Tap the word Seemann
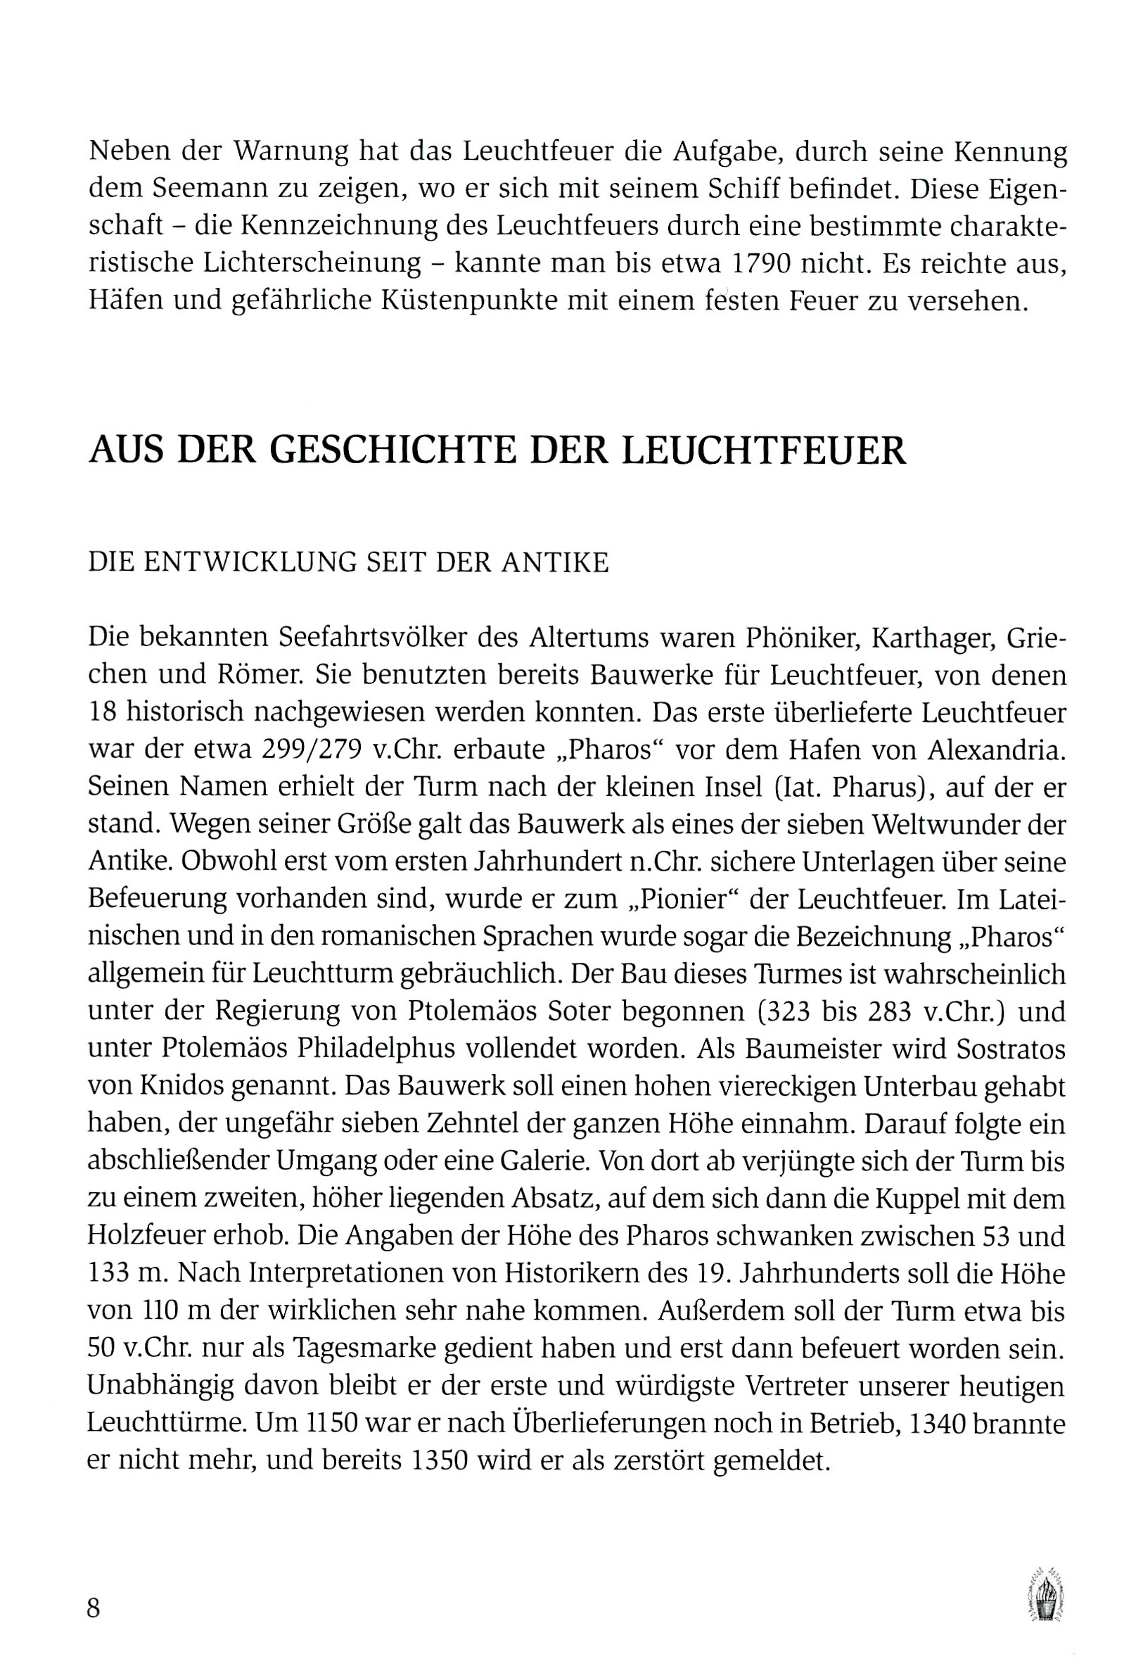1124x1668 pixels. tap(188, 189)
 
